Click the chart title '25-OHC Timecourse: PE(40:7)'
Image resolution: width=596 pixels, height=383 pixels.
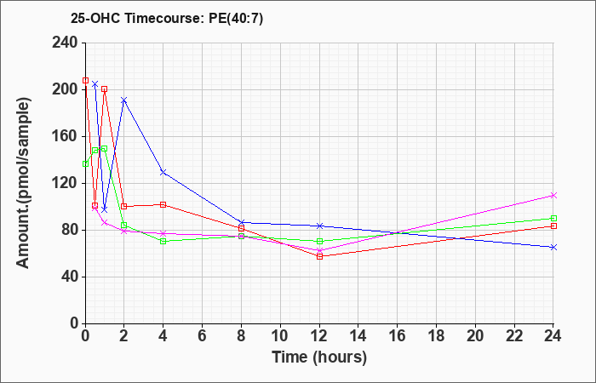pyautogui.click(x=167, y=19)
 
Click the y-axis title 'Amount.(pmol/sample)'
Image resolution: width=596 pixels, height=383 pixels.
pyautogui.click(x=23, y=183)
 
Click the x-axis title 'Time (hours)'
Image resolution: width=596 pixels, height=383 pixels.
pyautogui.click(x=319, y=357)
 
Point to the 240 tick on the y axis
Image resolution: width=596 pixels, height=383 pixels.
pyautogui.click(x=66, y=43)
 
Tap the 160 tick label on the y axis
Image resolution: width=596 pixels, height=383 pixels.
pyautogui.click(x=66, y=136)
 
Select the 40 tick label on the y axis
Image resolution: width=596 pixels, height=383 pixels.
pyautogui.click(x=71, y=277)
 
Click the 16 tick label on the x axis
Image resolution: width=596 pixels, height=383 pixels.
pyautogui.click(x=398, y=335)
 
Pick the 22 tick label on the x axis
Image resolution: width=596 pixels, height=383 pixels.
pyautogui.click(x=514, y=335)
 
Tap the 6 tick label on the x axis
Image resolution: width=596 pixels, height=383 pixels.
pyautogui.click(x=203, y=335)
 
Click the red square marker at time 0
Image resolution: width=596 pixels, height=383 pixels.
pyautogui.click(x=85, y=81)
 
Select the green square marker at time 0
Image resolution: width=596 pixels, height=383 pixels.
pyautogui.click(x=85, y=163)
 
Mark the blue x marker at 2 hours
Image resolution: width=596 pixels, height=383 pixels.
pyautogui.click(x=124, y=100)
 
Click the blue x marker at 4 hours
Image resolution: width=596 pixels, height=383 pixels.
pyautogui.click(x=163, y=172)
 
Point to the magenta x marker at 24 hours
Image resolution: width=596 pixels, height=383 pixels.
pyautogui.click(x=553, y=195)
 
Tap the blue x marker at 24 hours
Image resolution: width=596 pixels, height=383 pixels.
pyautogui.click(x=553, y=248)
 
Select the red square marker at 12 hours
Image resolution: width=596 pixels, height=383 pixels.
pyautogui.click(x=319, y=256)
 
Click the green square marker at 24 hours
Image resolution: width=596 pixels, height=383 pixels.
pyautogui.click(x=553, y=219)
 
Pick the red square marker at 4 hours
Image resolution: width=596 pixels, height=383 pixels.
pyautogui.click(x=163, y=205)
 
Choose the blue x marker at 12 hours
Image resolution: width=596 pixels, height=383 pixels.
pyautogui.click(x=319, y=226)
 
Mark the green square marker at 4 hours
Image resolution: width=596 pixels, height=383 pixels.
pyautogui.click(x=163, y=241)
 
